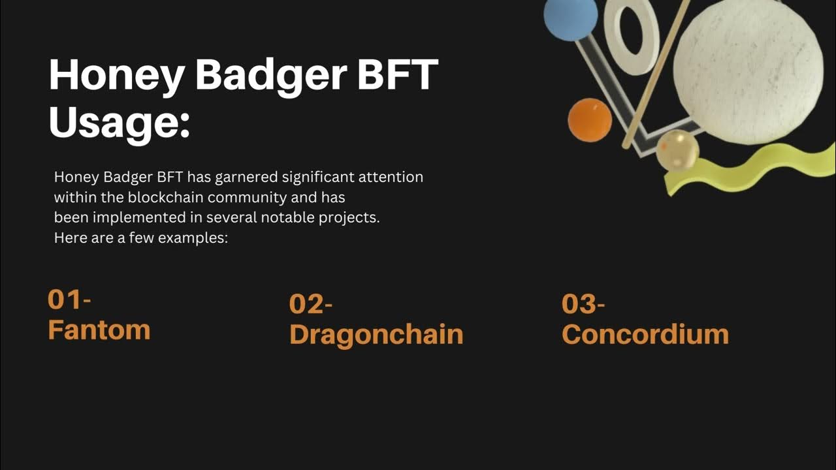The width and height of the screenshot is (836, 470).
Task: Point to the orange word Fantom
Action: click(x=99, y=330)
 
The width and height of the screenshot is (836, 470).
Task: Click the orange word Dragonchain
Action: click(x=376, y=334)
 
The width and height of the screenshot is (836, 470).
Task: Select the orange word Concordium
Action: click(x=645, y=334)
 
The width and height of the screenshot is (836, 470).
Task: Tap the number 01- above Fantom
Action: click(x=69, y=300)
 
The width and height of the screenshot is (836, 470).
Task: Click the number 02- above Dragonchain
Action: click(x=311, y=304)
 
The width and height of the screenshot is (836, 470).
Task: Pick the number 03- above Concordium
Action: click(x=583, y=304)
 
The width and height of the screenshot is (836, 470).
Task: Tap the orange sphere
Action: click(x=589, y=119)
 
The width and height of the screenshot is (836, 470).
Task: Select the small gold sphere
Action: click(x=677, y=150)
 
